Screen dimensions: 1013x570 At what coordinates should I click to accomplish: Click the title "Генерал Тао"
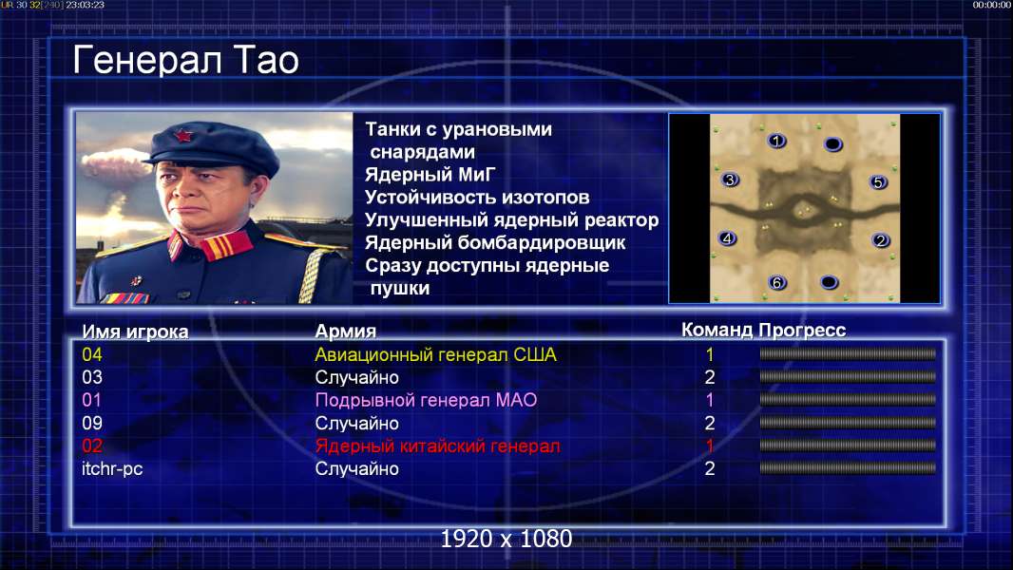point(186,60)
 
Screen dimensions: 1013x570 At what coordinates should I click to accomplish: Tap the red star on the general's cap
point(183,136)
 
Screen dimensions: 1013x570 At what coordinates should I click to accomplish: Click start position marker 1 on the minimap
point(776,141)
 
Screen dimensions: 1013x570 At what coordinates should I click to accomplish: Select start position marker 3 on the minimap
point(730,180)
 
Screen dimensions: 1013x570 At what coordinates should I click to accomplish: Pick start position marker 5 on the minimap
point(878,182)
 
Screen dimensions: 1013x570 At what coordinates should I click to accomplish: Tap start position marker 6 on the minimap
point(777,282)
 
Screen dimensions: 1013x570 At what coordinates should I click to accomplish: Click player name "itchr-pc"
point(112,468)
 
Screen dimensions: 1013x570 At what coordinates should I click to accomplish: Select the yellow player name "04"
point(92,354)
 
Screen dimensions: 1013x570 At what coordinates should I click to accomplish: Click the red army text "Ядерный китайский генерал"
point(437,446)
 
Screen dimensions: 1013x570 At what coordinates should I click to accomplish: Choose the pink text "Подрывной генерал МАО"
point(426,400)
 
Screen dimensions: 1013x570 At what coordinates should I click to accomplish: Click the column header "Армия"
point(346,332)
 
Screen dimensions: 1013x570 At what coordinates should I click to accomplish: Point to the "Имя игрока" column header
point(135,332)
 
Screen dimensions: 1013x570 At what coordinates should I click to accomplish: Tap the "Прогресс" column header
point(802,330)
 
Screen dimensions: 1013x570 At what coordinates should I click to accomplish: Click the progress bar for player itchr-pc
point(848,468)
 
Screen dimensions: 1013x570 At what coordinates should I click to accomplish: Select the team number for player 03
point(710,377)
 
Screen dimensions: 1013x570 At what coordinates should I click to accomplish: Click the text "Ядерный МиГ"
point(430,174)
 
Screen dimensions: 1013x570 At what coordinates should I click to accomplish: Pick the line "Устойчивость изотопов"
point(477,197)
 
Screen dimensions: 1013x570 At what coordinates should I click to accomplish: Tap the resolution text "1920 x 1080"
point(506,539)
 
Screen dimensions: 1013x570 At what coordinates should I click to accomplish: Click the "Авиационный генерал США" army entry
point(435,354)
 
